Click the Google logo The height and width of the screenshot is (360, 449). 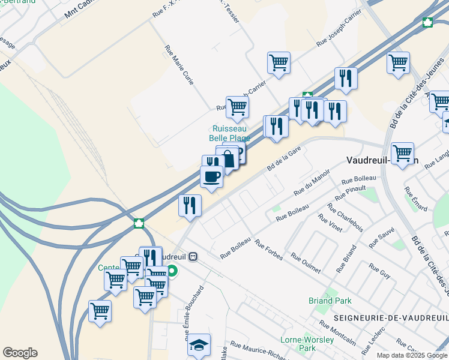[x=20, y=353]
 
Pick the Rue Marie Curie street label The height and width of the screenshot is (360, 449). [x=179, y=64]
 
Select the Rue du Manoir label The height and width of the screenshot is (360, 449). [x=312, y=182]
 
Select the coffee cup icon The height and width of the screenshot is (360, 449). [x=211, y=176]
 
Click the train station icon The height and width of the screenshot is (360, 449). [x=193, y=256]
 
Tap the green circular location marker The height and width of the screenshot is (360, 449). [x=172, y=271]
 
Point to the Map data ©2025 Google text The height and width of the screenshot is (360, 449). [x=411, y=355]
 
